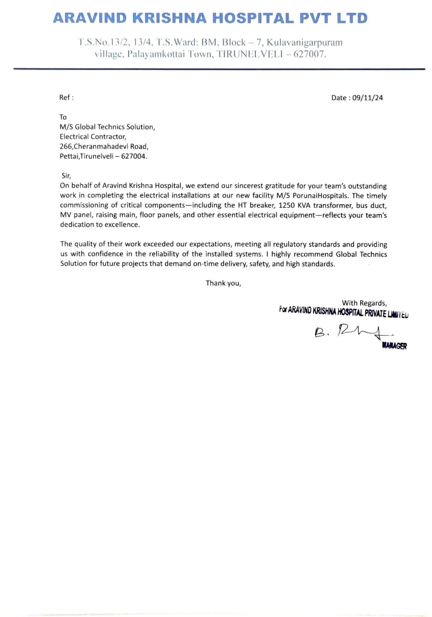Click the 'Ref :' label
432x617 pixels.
(66, 98)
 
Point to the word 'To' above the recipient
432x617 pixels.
(63, 117)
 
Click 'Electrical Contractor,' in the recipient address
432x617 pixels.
(93, 137)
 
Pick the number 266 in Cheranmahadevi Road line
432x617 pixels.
(65, 147)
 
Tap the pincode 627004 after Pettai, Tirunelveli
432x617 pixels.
(133, 156)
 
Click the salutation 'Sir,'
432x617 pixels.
(66, 176)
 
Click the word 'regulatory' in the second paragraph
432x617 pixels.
(290, 244)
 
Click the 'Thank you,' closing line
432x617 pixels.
(223, 283)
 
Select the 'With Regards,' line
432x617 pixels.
(364, 303)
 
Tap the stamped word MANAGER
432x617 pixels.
(394, 346)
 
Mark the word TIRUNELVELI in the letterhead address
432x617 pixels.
(252, 54)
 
